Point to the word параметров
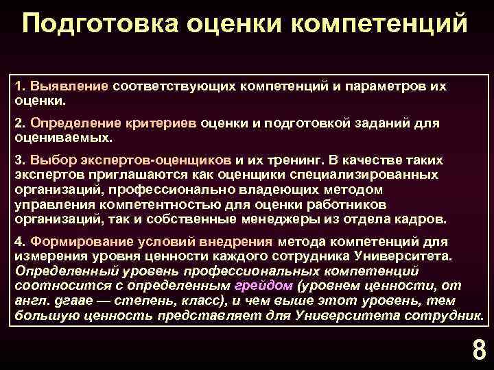pyautogui.click(x=375, y=88)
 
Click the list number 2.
pyautogui.click(x=19, y=123)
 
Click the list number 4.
pyautogui.click(x=19, y=243)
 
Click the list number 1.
pyautogui.click(x=19, y=88)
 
